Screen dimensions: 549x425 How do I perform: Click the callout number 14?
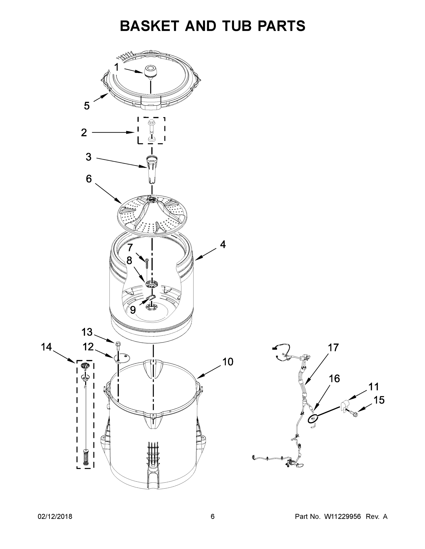(46, 347)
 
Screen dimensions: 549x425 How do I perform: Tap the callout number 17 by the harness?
(333, 348)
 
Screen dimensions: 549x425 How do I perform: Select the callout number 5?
(87, 106)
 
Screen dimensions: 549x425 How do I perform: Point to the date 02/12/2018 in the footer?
(55, 516)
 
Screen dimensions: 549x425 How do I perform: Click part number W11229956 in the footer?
(343, 516)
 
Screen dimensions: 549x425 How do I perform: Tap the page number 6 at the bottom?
(213, 516)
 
